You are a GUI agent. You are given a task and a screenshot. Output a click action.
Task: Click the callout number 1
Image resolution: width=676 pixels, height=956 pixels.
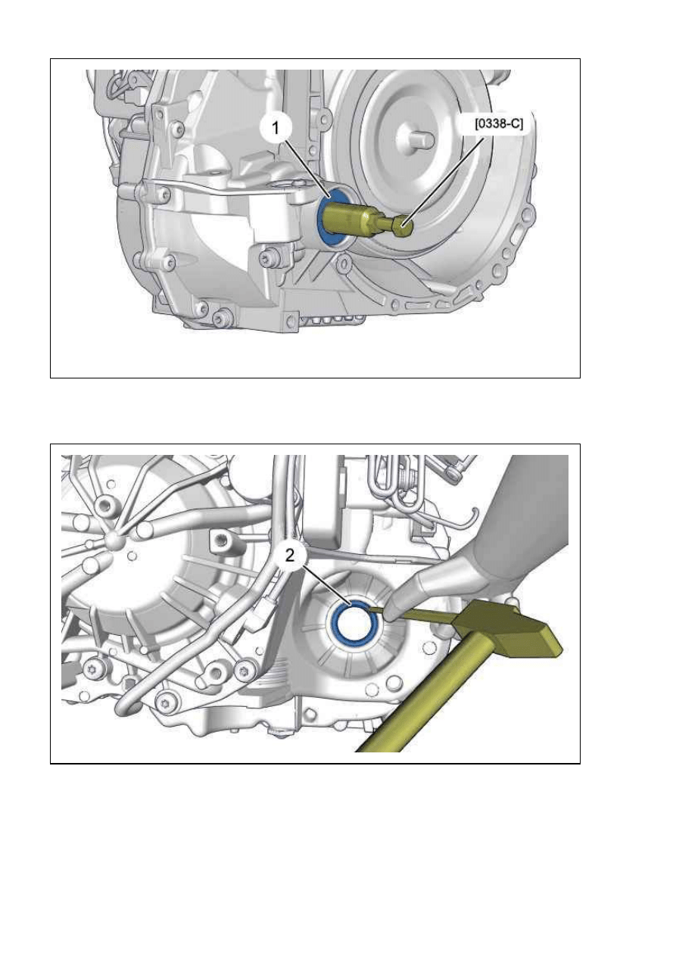(x=276, y=128)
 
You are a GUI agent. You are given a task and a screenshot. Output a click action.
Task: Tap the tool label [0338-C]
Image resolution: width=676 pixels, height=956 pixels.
(x=499, y=124)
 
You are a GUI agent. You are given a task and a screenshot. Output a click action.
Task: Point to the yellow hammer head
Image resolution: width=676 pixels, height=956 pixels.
(x=507, y=628)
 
